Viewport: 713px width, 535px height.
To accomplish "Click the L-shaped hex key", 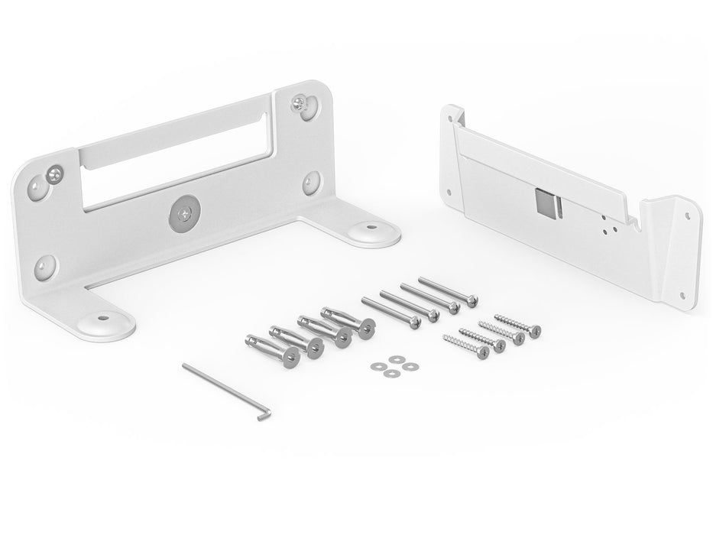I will point(225,389).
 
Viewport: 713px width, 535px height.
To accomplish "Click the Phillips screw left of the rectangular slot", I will point(54,173).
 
